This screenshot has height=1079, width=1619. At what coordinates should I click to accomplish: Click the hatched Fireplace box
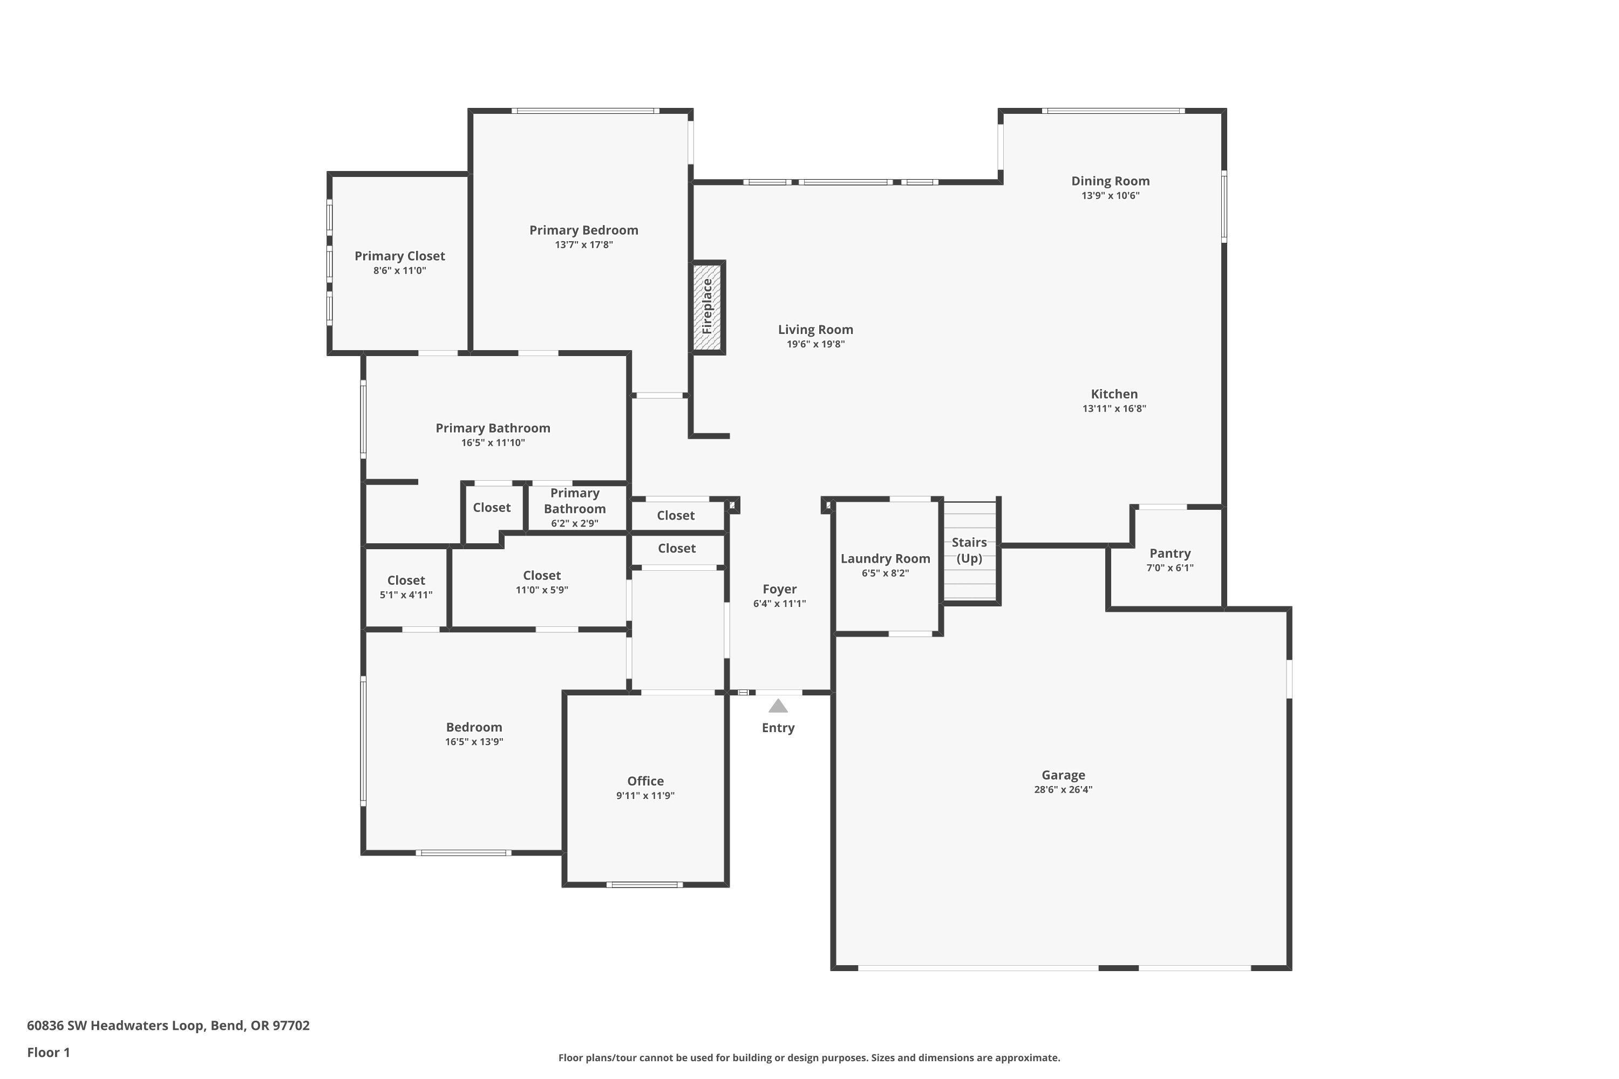point(707,307)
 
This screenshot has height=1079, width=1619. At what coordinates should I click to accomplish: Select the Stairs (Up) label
point(969,550)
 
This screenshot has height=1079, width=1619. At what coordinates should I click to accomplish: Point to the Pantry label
point(1169,554)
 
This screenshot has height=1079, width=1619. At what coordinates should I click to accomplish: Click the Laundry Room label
point(885,559)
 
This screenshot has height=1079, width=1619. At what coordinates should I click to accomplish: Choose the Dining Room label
point(1110,181)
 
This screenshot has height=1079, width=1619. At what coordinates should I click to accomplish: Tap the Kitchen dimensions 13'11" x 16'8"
point(1114,409)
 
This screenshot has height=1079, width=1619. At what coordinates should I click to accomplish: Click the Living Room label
point(815,330)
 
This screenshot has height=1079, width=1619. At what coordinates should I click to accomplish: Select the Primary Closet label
point(399,256)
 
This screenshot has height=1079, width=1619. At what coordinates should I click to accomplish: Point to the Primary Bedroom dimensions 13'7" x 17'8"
point(584,245)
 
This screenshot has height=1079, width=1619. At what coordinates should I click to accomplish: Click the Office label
point(645,781)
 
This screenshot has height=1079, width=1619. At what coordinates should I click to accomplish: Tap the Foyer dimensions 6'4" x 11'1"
point(779,604)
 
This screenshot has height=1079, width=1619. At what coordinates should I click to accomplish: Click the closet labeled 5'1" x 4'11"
point(406,587)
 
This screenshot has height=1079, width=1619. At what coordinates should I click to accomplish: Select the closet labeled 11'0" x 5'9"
point(542,582)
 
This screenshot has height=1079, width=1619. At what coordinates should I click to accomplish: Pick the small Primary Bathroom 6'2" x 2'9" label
point(574,508)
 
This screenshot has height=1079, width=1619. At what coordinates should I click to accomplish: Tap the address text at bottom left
point(168,1026)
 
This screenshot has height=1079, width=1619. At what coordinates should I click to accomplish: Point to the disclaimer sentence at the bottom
point(809,1057)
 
